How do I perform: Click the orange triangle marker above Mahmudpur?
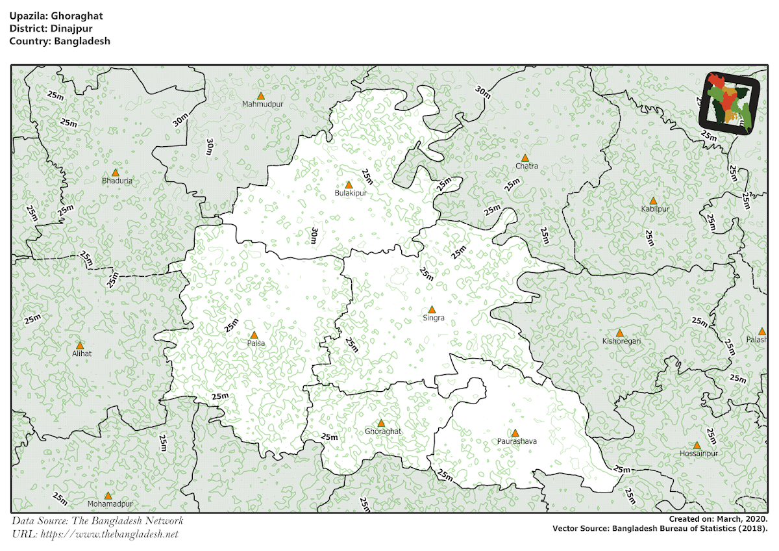tap(261, 96)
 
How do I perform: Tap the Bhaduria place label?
tap(117, 181)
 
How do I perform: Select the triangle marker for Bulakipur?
tap(349, 185)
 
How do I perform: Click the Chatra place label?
tap(526, 166)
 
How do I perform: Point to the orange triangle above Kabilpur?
tap(653, 201)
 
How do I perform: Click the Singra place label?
tap(434, 318)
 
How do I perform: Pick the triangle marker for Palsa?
tap(254, 335)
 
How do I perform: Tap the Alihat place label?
tap(82, 353)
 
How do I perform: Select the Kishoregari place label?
tap(621, 340)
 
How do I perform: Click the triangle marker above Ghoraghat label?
tap(381, 423)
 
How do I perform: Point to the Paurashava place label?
tap(517, 441)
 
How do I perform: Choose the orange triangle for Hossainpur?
tap(697, 446)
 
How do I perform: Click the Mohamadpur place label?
tap(110, 504)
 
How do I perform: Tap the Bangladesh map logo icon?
tap(730, 104)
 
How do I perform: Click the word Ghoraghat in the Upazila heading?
tap(80, 14)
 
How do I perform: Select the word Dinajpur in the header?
tap(75, 27)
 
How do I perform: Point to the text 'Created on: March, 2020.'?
tap(719, 519)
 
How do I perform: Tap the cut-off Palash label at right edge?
tap(756, 340)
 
